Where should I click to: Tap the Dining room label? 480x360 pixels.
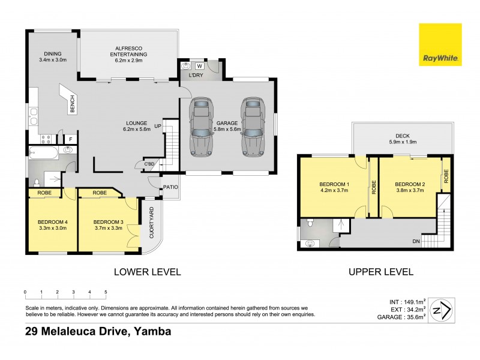click(x=52, y=55)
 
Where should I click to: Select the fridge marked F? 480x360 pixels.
click(x=70, y=140)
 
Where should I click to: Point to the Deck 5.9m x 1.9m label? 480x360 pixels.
click(x=401, y=138)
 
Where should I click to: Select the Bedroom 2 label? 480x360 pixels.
click(x=410, y=188)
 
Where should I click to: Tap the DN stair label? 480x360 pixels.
click(x=415, y=242)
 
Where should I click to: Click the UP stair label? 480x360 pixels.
click(x=158, y=126)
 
